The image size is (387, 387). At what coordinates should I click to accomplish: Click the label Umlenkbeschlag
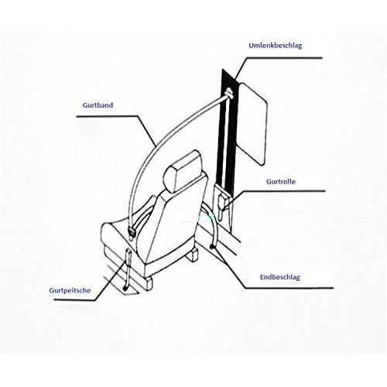point(276,46)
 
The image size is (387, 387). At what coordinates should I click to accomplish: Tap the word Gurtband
point(98,105)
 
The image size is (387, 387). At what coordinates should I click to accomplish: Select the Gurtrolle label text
point(281,181)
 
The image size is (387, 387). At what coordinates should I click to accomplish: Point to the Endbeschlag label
point(280,277)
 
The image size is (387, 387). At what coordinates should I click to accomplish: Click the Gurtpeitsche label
point(70,290)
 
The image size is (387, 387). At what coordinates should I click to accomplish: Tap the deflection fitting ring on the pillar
point(229,93)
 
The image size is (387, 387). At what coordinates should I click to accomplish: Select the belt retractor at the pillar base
point(222,203)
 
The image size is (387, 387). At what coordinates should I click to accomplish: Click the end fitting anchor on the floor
point(212,246)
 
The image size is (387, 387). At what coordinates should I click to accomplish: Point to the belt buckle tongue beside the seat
point(132,231)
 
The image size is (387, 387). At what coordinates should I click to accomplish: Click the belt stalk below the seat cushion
point(128,269)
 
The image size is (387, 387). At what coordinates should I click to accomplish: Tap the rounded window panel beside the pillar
point(253,123)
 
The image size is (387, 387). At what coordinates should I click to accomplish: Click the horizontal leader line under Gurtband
point(107,116)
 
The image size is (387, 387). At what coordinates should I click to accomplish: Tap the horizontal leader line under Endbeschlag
point(289,288)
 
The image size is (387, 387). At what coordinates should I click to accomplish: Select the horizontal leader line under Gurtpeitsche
point(74,300)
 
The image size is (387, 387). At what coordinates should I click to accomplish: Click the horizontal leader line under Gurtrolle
point(284,191)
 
